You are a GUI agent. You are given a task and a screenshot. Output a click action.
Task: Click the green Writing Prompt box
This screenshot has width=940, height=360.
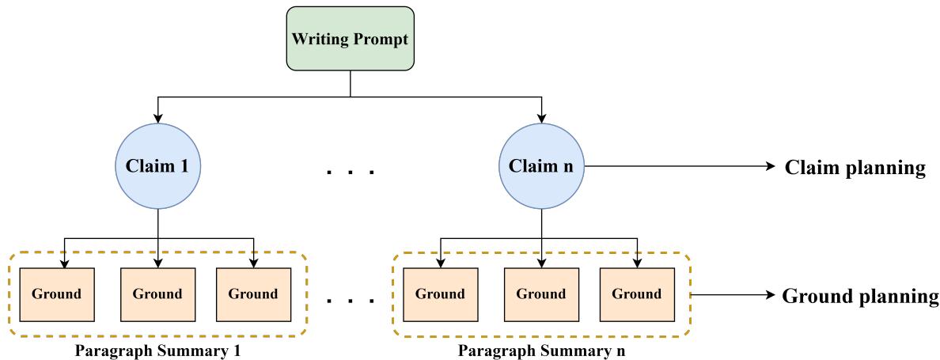point(351,39)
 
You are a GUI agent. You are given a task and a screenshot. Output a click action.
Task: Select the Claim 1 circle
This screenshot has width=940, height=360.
point(158,167)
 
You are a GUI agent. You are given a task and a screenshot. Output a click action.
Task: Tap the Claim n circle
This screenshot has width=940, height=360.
point(541,167)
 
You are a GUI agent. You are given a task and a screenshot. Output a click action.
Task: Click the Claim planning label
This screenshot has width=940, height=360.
point(855,168)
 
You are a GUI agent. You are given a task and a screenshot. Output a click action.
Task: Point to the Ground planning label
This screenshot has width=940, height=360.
point(860,297)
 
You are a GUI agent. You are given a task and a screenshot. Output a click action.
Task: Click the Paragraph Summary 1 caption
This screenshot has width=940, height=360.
point(157,349)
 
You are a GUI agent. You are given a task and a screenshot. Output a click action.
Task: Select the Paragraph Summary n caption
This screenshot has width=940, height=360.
point(541,349)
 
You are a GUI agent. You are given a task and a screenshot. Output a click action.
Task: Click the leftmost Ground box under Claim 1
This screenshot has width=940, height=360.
point(56,294)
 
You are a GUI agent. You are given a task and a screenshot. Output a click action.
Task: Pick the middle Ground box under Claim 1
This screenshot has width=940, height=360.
point(157,294)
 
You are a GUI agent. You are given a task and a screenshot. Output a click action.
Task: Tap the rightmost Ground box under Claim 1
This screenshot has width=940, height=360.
point(253,294)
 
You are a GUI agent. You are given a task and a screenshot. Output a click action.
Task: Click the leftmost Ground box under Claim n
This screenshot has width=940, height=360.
point(440,294)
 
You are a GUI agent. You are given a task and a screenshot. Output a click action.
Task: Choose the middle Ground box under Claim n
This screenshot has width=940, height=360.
point(541,294)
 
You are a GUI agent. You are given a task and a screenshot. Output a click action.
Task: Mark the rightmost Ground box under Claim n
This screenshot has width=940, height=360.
point(637,294)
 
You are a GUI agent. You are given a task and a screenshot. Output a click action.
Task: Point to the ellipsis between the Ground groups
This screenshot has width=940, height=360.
point(350,300)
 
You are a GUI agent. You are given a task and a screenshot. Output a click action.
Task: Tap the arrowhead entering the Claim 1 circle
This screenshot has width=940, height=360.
point(158,119)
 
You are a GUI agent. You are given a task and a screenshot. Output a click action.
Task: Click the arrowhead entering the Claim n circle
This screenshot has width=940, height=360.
point(541,119)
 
